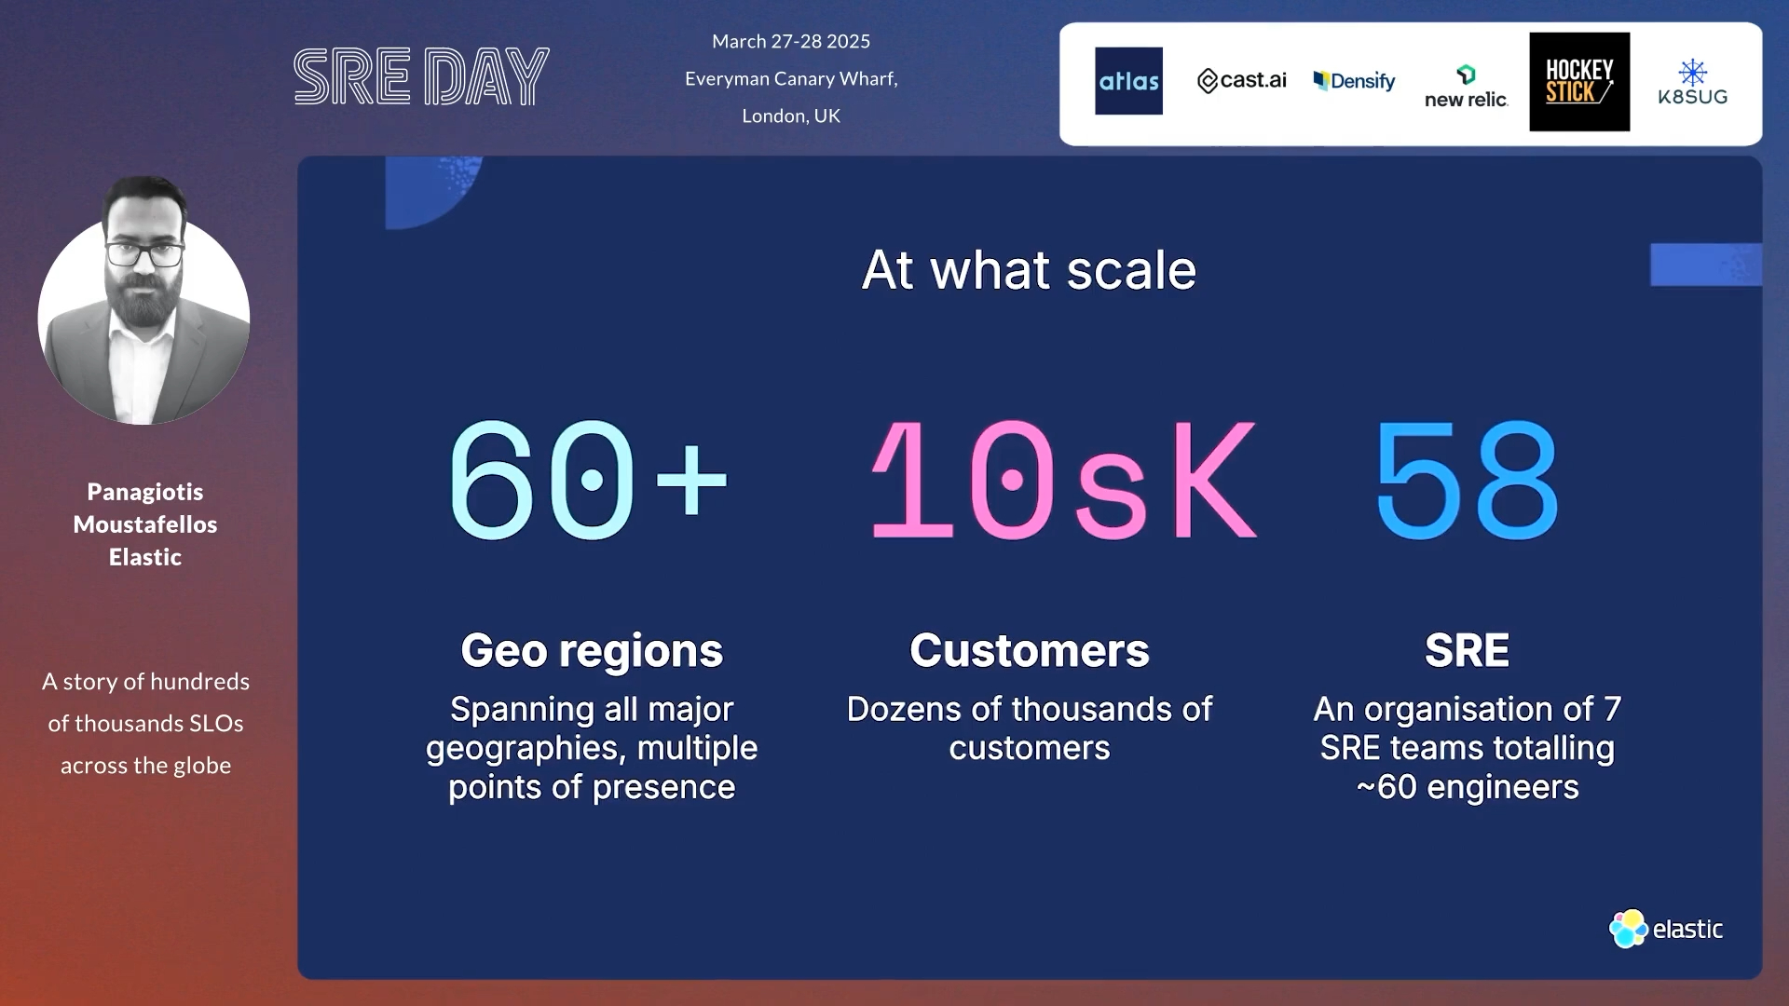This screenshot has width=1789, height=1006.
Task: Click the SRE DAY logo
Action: point(421,76)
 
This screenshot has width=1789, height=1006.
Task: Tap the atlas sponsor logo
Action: point(1128,81)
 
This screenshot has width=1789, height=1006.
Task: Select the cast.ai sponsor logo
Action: point(1241,81)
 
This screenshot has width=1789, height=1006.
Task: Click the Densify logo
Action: point(1354,81)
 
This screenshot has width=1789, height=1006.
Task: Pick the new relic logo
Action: point(1466,87)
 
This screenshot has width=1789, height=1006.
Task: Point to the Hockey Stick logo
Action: point(1579,82)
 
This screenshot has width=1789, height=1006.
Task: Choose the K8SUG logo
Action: point(1692,83)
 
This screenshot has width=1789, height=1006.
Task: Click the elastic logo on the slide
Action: point(1666,929)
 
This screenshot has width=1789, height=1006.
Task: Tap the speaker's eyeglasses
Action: point(144,252)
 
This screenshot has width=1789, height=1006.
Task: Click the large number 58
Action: point(1467,481)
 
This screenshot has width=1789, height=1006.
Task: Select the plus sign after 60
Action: point(690,480)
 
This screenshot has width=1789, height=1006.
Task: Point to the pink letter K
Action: point(1213,480)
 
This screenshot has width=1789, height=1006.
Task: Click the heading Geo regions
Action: point(592,650)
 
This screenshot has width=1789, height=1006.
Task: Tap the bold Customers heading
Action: point(1030,650)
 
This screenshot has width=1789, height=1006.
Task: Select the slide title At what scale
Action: point(1029,270)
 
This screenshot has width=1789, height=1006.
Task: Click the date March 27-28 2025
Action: point(791,42)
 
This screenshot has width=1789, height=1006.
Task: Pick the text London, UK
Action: point(791,116)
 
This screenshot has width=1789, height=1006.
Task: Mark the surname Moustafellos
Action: point(145,524)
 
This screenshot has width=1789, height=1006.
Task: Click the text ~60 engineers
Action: point(1468,788)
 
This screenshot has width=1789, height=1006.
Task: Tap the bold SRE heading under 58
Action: point(1467,650)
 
